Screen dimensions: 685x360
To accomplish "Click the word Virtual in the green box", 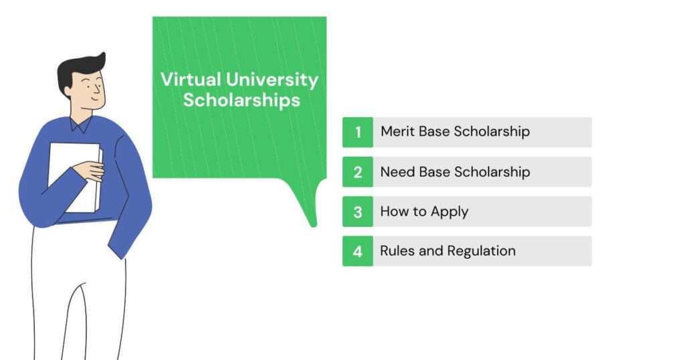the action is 191,80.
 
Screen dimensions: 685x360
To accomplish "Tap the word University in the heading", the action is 273,80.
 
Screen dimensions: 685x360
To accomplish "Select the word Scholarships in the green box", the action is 241,100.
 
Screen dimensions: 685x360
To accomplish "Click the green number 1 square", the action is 358,132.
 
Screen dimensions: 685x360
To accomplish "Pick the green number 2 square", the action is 358,172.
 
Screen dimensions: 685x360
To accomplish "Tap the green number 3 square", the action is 358,211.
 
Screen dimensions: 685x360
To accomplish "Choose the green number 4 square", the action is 358,251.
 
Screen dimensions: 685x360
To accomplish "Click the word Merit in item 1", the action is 397,131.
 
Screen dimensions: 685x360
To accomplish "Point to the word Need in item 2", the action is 397,172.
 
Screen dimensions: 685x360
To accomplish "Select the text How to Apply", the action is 424,212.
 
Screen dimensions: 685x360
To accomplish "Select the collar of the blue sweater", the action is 81,124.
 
